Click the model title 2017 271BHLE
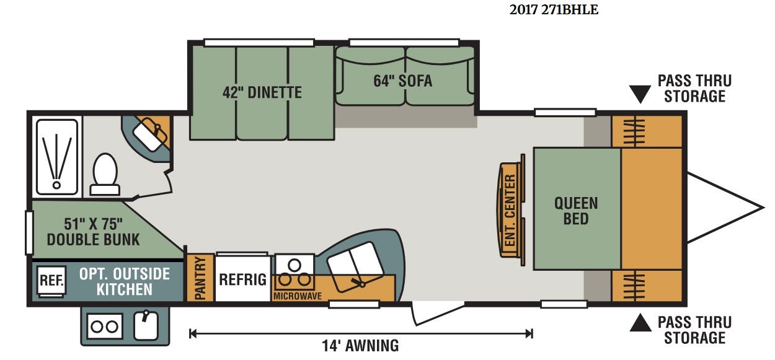(x=554, y=10)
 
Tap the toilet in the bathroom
(x=105, y=175)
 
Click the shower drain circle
(x=56, y=185)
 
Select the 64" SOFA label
(x=403, y=81)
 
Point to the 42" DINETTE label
(x=262, y=92)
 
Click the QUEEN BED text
(x=576, y=211)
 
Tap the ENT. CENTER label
(x=510, y=210)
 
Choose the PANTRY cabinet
(x=200, y=278)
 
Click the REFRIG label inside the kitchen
(x=242, y=279)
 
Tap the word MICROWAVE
(x=297, y=296)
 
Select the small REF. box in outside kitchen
(x=51, y=281)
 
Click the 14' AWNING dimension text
(x=360, y=346)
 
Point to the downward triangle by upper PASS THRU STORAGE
(x=640, y=94)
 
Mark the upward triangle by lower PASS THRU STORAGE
(x=640, y=323)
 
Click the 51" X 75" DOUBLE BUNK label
(x=93, y=232)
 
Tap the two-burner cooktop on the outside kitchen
(x=105, y=326)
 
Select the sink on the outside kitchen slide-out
(x=146, y=325)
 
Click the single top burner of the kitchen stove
(x=294, y=266)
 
